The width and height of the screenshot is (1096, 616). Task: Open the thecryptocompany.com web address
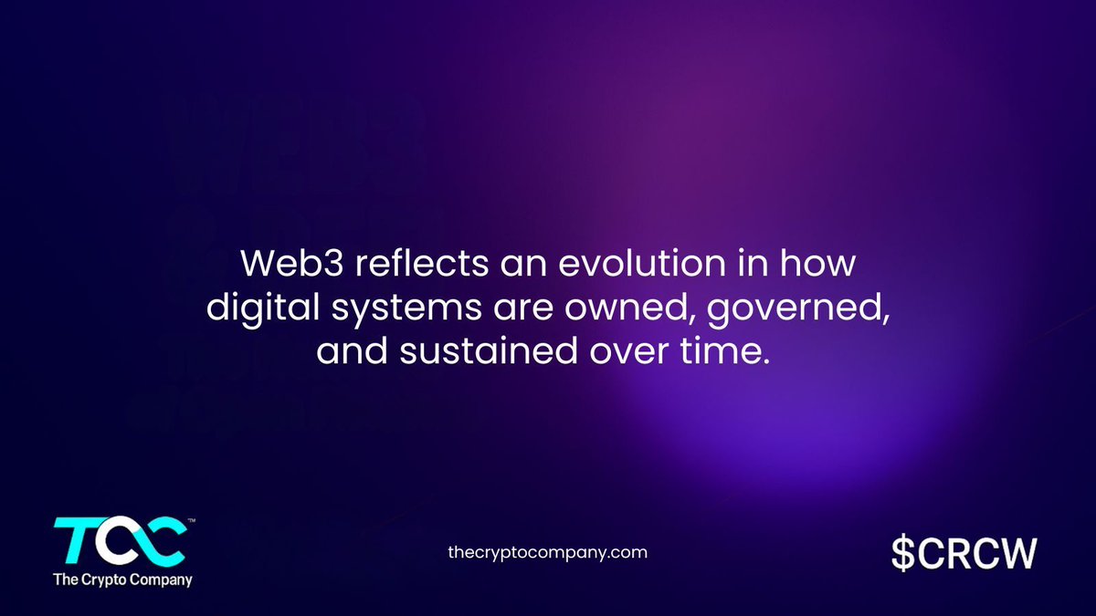[x=548, y=552]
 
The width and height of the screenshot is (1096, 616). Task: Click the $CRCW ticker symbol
[x=964, y=552]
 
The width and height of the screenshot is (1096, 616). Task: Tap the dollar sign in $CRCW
[x=904, y=552]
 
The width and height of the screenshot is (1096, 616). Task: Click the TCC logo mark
[x=121, y=541]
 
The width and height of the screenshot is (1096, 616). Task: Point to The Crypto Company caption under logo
[x=122, y=579]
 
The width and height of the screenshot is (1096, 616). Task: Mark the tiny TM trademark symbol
[x=190, y=521]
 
